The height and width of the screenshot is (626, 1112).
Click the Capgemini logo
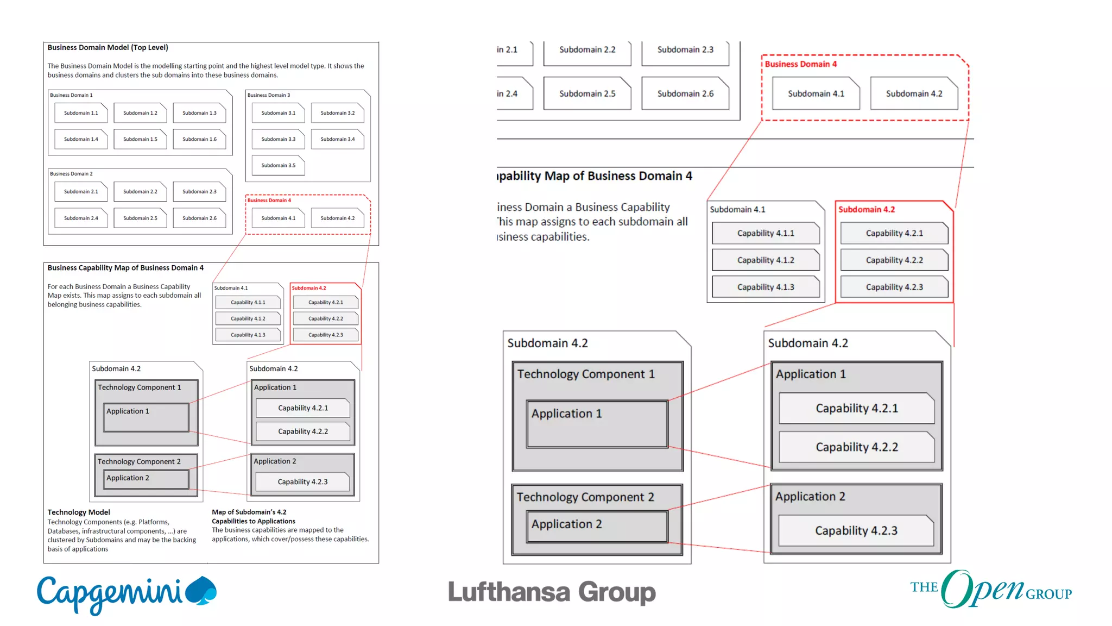126,593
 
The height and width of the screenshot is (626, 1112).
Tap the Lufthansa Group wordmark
552,592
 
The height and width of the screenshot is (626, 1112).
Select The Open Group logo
990,590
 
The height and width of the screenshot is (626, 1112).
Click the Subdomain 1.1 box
81,113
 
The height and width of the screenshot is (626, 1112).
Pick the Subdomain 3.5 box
278,165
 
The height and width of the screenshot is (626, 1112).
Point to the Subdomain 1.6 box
199,139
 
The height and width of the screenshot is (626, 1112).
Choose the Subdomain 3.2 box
337,113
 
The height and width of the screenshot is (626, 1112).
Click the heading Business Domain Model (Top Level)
108,48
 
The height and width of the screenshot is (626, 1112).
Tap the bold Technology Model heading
79,512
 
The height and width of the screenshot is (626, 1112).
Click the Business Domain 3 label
269,95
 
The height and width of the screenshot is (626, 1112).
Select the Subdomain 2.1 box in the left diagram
81,191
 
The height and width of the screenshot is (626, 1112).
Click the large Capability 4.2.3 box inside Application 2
856,530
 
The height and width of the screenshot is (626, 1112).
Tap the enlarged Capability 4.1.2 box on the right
765,260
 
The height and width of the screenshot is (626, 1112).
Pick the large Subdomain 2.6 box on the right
685,93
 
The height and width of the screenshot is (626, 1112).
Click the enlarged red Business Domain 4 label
800,64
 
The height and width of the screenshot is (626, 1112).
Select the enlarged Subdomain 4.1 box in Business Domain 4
816,93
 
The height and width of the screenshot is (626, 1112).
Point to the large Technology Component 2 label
585,497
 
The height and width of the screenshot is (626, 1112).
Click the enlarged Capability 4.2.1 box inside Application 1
856,408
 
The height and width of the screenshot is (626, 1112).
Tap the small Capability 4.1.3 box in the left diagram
248,335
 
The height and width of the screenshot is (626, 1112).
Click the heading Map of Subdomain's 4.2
249,512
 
